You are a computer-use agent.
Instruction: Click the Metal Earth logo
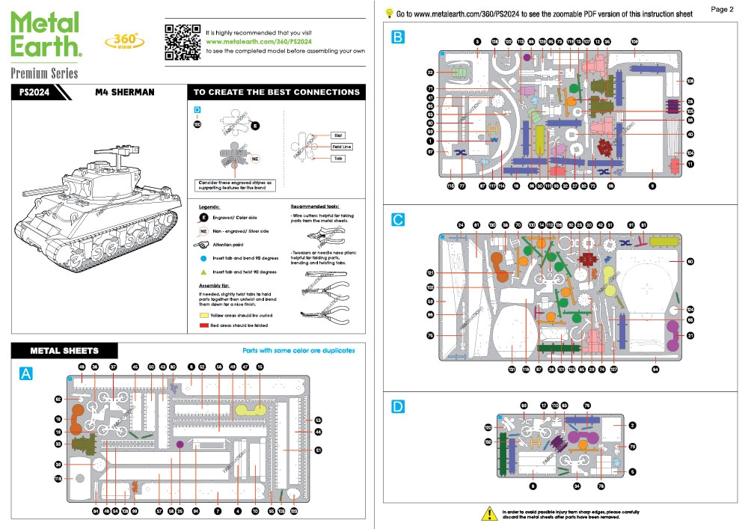coord(46,34)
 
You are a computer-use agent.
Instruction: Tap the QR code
coord(180,41)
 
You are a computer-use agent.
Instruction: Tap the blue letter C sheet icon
coord(399,219)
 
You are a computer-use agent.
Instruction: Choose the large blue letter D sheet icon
coord(399,406)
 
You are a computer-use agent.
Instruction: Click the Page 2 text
coord(722,9)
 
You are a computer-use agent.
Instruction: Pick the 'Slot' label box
coord(338,135)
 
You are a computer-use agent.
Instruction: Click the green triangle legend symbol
coord(203,271)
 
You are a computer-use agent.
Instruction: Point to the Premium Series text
coord(44,73)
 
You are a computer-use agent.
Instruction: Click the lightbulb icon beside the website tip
coord(389,13)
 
